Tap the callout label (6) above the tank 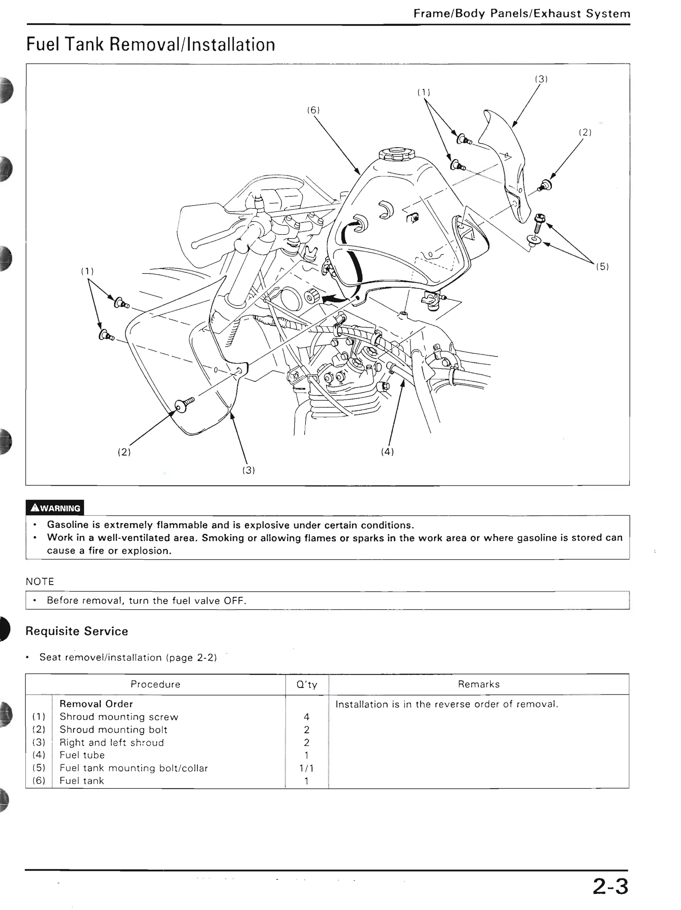tap(313, 110)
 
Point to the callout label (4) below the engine tap(387, 452)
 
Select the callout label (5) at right tap(603, 266)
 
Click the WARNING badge tap(55, 508)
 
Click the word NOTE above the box tap(40, 581)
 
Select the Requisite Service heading tap(77, 631)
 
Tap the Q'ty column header tap(307, 684)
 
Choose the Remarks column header tap(479, 684)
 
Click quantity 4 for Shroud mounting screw tap(306, 717)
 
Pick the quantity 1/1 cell tap(306, 768)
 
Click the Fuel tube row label tap(82, 755)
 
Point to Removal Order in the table tap(96, 704)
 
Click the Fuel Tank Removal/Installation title tap(151, 45)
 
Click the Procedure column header tap(155, 684)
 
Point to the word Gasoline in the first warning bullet tap(68, 525)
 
